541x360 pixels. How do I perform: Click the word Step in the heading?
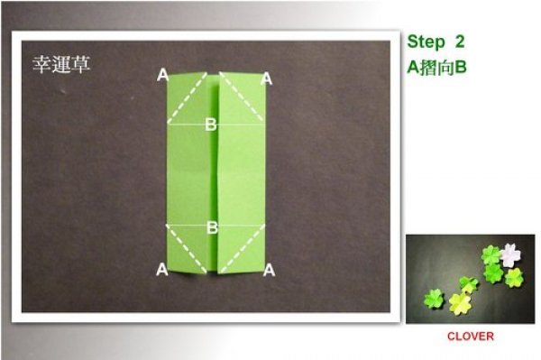[426, 42]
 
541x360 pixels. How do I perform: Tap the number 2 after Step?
[460, 42]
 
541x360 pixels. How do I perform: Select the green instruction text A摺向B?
[436, 67]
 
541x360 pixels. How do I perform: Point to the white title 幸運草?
[61, 64]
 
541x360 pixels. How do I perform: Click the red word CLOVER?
[471, 337]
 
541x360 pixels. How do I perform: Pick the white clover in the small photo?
[511, 254]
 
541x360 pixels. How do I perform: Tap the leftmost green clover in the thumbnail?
[434, 299]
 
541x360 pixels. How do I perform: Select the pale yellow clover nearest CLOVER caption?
[460, 304]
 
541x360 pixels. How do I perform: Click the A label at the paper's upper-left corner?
[162, 75]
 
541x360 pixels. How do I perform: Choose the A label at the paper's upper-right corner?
[266, 79]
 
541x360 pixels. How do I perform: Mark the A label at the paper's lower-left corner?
[162, 270]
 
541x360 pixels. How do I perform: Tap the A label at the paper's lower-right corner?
[269, 271]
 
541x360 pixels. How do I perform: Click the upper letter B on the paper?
[211, 125]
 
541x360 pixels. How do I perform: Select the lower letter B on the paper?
[212, 227]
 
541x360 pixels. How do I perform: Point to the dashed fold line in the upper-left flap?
[187, 98]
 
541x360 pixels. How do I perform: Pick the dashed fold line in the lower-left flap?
[187, 248]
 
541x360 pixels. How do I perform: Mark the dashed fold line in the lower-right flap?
[243, 248]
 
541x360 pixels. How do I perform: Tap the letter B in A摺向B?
[460, 68]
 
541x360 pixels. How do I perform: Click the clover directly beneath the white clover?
[493, 273]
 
